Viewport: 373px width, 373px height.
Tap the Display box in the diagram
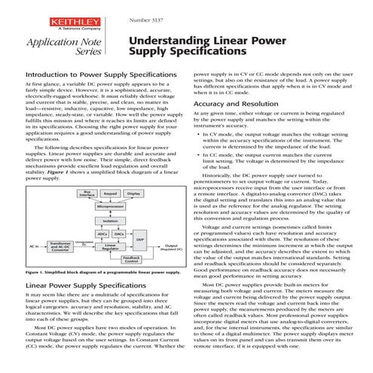[133, 193]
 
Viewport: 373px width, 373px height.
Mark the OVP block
[139, 240]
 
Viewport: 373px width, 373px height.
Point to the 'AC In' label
[34, 246]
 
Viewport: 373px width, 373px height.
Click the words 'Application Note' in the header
[51, 44]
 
